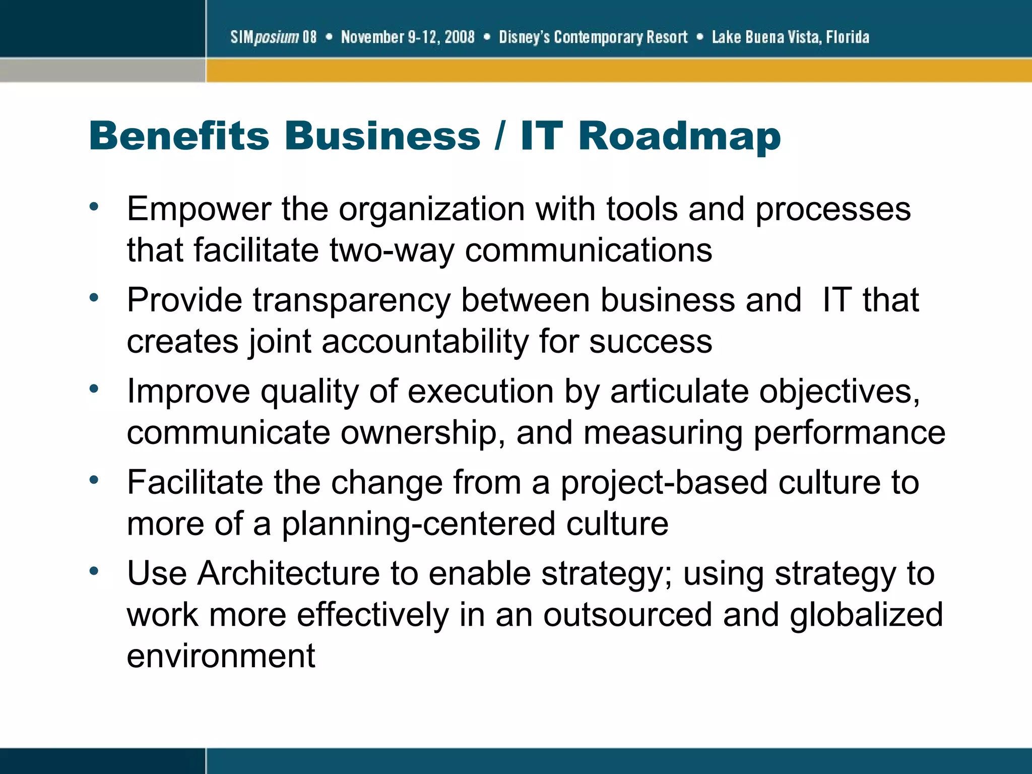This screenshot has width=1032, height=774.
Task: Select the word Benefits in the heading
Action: (179, 136)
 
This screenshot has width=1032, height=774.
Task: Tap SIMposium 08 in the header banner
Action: (274, 37)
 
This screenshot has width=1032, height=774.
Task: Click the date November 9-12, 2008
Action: (408, 37)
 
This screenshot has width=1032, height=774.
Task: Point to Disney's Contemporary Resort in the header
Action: (593, 37)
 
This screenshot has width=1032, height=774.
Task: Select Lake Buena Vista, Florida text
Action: (790, 37)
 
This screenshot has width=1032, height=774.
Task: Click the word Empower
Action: (199, 209)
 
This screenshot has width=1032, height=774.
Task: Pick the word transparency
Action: (351, 301)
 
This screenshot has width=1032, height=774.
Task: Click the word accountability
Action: (425, 342)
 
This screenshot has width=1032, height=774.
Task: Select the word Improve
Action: (188, 392)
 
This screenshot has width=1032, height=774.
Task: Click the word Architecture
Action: (288, 574)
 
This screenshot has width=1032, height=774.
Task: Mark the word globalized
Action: (866, 615)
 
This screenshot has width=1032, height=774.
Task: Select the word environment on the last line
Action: (221, 656)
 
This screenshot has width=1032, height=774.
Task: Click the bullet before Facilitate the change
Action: (94, 480)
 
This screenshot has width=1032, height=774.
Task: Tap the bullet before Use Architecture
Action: (94, 571)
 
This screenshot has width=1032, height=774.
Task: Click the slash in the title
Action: (499, 136)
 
